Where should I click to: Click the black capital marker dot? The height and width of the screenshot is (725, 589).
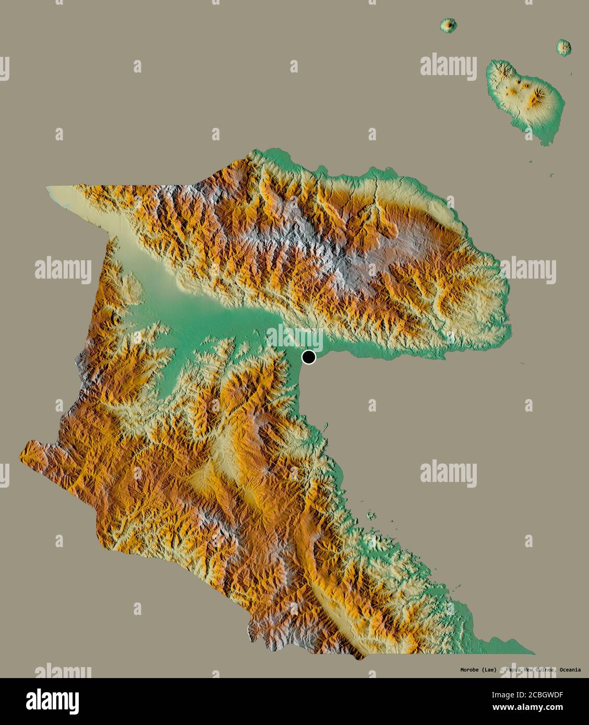tap(309, 357)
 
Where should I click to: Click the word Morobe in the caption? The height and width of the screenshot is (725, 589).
tap(470, 670)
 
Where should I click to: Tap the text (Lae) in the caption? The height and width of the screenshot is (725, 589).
tap(489, 670)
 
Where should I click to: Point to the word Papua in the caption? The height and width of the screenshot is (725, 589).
tap(515, 670)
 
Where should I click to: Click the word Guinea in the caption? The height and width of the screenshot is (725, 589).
tap(545, 670)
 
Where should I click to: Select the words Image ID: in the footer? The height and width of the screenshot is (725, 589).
tap(506, 695)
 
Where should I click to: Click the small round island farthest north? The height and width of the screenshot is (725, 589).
tap(448, 25)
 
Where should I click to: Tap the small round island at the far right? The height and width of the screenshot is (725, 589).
tap(563, 47)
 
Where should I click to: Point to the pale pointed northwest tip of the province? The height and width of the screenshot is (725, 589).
tap(49, 187)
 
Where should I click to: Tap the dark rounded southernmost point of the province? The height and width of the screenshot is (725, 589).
tap(357, 657)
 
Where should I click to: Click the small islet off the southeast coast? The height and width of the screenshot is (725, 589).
tap(371, 516)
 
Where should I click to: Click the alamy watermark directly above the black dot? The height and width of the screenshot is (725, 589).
tap(295, 334)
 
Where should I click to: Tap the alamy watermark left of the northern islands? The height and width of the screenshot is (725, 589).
tap(449, 65)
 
